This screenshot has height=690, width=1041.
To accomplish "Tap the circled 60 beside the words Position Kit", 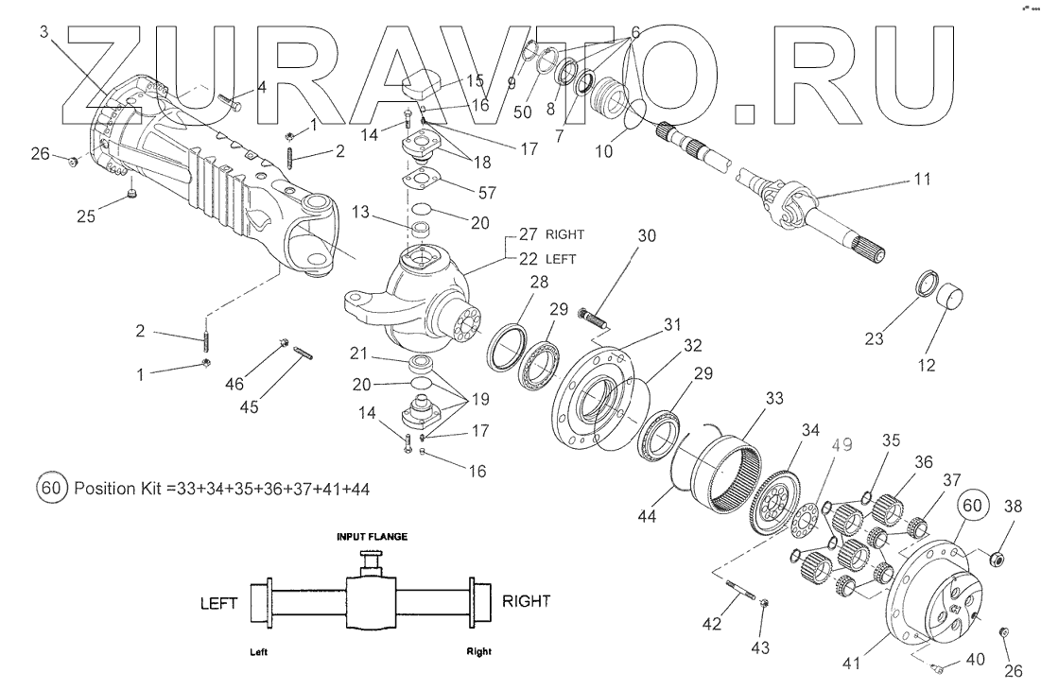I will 52,489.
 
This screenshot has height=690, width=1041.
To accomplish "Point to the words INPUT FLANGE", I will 373,536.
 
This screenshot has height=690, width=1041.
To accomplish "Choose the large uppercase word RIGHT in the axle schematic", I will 525,600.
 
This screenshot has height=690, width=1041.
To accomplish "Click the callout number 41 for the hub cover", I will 852,663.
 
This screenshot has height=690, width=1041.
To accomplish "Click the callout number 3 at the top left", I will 44,31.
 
